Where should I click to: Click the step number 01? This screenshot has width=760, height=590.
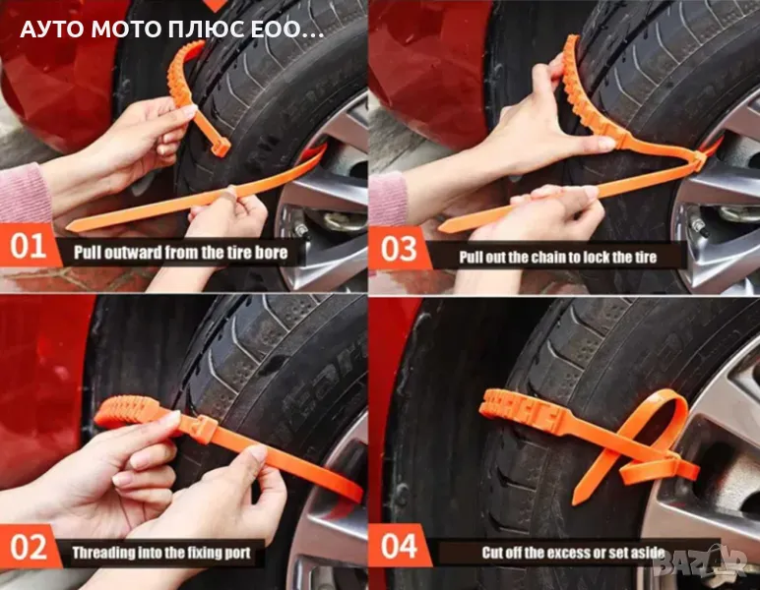click(x=29, y=247)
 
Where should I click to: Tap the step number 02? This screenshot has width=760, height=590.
click(x=29, y=548)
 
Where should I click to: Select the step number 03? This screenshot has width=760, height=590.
click(x=399, y=249)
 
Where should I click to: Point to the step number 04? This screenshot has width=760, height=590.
click(x=399, y=546)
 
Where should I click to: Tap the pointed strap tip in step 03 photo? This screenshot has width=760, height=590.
click(x=443, y=229)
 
